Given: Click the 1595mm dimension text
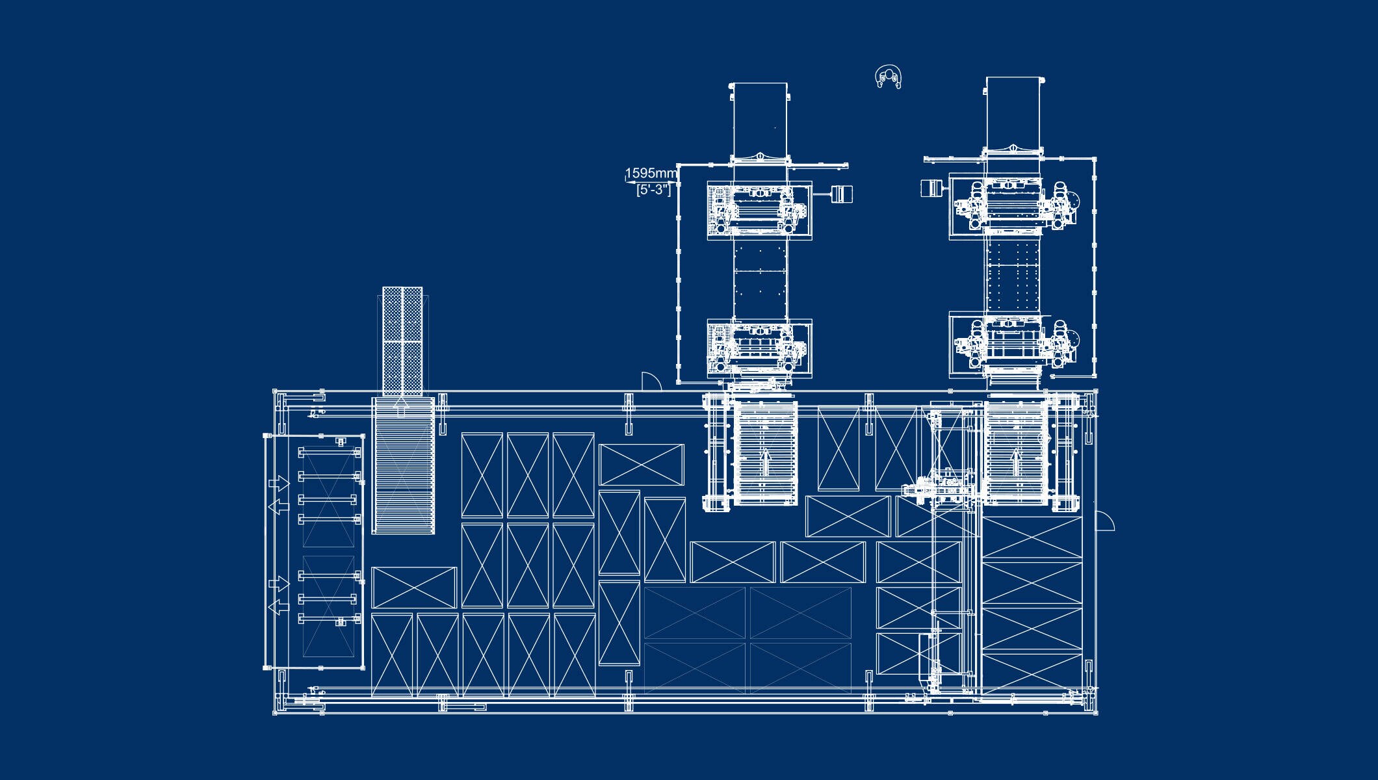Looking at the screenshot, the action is pos(651,173).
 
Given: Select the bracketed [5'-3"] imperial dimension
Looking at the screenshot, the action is pos(653,189).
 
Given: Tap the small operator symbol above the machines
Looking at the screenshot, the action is pos(889,77).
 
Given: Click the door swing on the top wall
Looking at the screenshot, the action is pos(651,382).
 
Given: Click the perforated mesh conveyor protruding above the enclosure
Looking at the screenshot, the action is pos(402,341).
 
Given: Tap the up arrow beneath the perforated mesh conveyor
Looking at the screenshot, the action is pos(401,407).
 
